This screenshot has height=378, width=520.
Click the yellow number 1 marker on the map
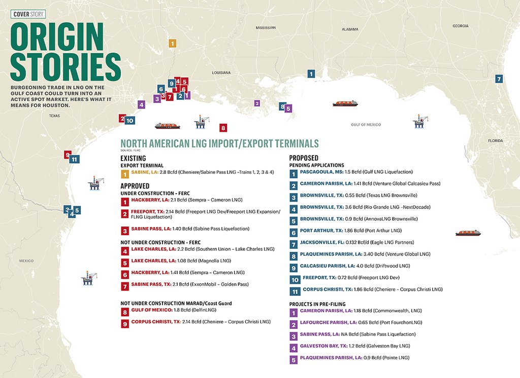click(173, 44)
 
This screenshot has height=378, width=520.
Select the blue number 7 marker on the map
click(499, 79)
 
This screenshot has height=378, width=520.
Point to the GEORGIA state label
click(461, 26)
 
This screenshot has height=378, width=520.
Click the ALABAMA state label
click(350, 29)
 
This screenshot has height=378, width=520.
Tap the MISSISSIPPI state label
click(266, 27)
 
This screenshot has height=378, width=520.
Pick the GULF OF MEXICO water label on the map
click(366, 125)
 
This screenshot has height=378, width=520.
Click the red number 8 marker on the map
click(222, 128)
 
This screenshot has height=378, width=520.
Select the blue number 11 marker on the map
click(75, 159)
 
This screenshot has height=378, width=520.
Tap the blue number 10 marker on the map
click(129, 121)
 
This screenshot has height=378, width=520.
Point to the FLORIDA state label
click(495, 140)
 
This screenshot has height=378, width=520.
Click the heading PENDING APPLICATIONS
click(316, 165)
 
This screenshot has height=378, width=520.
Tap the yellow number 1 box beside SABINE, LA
click(124, 174)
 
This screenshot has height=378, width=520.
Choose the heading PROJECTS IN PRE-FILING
click(321, 303)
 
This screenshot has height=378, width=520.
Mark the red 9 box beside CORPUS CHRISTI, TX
click(124, 322)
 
